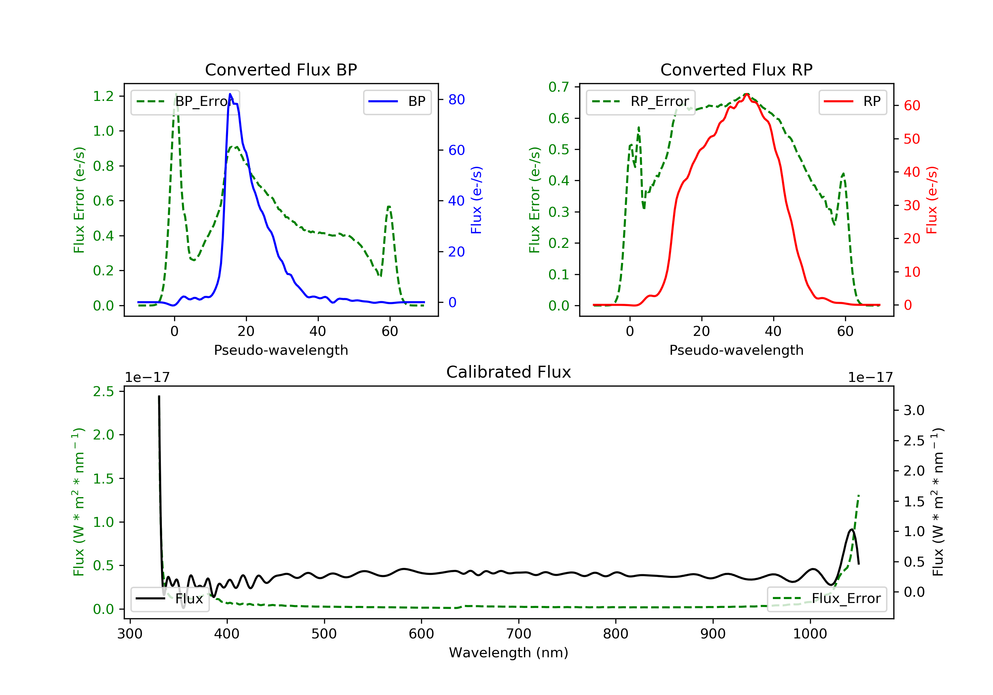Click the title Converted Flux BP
pos(281,69)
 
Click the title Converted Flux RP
pos(736,69)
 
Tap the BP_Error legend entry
pos(185,102)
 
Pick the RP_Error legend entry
pos(640,102)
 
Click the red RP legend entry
pos(852,102)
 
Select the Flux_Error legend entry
pos(827,599)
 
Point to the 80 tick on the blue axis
pos(456,100)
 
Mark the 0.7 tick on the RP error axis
pos(559,87)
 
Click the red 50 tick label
pos(912,139)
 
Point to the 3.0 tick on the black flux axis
pos(914,410)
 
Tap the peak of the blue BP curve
pos(230,94)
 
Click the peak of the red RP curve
pos(746,94)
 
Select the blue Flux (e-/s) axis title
pos(476,200)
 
